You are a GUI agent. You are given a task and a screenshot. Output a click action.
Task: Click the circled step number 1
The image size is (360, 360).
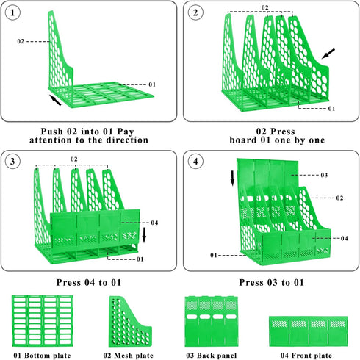coord(12,12)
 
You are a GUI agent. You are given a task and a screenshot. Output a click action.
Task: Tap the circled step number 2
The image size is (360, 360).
coord(195,12)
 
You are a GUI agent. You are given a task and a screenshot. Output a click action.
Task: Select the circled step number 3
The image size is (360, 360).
coord(12,162)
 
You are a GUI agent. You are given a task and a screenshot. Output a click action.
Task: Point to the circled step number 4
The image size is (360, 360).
coord(195,162)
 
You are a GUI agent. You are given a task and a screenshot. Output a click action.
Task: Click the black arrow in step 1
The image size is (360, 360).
coord(55,100)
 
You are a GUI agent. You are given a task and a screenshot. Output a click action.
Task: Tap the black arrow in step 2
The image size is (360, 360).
coord(328,54)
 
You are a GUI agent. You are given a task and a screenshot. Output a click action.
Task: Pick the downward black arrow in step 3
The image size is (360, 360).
coord(144,235)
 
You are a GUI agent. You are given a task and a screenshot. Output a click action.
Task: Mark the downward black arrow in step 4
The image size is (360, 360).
coord(232,178)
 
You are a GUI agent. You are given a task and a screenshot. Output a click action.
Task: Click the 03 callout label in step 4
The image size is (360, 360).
coord(324,175)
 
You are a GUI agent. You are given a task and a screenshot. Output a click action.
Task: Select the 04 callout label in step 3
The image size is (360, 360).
coord(154,223)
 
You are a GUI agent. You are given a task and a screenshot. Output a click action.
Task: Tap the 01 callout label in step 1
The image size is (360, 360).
coord(152,84)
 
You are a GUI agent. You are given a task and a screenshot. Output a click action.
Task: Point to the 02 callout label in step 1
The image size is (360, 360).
coord(21,41)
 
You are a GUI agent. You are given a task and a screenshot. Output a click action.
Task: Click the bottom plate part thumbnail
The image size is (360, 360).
coord(43,320)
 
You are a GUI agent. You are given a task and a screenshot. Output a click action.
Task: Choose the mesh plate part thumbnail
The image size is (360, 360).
coord(130,321)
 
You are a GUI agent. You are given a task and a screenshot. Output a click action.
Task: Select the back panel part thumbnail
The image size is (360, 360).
coord(212,321)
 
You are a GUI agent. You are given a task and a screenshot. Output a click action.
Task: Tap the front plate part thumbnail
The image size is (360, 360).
coord(309,331)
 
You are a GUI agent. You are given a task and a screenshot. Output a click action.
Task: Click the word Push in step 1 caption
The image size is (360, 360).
coord(51,132)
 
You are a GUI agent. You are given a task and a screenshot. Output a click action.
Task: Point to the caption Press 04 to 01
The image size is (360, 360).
coord(89,283)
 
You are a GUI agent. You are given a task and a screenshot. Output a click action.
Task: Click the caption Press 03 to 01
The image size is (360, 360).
coord(271,283)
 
